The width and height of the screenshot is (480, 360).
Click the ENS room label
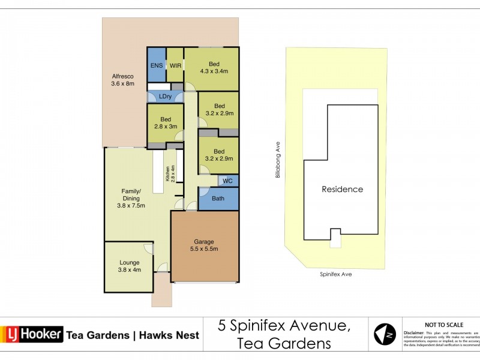pos(156,65)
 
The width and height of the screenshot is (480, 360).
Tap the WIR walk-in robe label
pos(175,65)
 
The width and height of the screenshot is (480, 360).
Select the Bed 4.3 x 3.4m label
pos(214,67)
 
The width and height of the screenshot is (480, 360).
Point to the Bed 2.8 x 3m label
pos(166,122)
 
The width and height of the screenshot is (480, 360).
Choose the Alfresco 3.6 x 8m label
pos(122,80)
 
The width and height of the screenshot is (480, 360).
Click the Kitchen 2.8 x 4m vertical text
pos(170,173)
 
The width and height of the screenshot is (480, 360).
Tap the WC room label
pos(227,181)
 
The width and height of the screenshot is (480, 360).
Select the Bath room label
pos(218,198)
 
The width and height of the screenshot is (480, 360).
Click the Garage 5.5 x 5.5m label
pos(204,245)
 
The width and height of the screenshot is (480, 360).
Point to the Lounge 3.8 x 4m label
pos(129,266)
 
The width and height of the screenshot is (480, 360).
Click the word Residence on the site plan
pos(343,189)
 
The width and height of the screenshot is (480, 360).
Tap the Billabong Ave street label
pos(278,159)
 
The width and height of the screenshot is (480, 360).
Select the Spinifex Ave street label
pos(335,274)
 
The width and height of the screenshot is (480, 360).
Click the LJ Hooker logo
pos(32,334)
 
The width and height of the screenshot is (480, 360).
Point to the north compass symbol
pos(385,334)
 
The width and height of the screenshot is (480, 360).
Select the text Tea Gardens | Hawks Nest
pos(133,335)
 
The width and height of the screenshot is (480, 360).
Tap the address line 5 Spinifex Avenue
pos(284,326)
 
